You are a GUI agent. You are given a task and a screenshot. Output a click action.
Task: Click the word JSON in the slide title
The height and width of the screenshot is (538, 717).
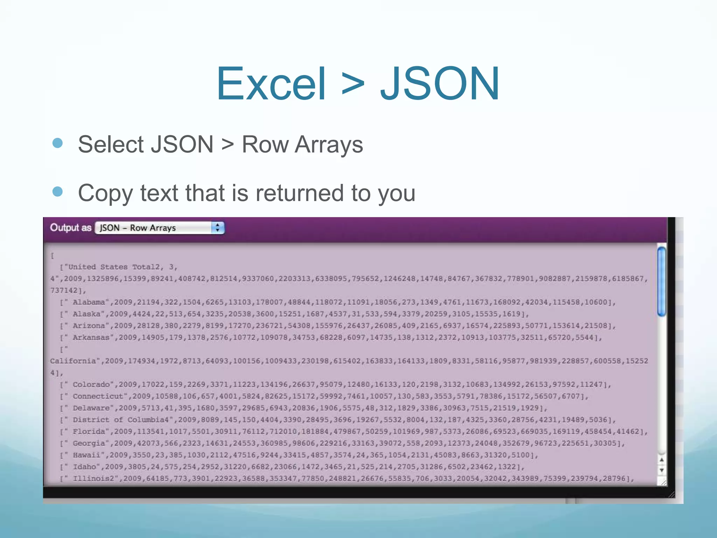440,84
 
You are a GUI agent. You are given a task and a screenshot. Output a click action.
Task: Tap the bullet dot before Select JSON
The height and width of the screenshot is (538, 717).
57,143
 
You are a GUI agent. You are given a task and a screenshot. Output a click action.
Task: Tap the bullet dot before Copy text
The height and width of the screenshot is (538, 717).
57,192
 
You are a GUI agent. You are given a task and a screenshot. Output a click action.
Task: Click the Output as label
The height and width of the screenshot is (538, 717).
70,228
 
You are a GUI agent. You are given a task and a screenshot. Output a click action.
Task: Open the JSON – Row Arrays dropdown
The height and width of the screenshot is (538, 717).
154,228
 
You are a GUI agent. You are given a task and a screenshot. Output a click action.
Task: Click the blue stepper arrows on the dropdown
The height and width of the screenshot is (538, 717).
217,228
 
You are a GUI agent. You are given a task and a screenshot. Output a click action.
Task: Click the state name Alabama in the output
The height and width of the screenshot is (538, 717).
89,302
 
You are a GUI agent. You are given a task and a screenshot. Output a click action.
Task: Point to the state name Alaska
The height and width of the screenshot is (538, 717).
86,314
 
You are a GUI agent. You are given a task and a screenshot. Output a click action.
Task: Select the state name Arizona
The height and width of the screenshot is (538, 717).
89,326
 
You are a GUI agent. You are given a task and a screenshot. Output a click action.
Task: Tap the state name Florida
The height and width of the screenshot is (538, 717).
89,432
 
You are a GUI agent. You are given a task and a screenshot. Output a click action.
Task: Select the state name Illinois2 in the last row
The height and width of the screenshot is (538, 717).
93,478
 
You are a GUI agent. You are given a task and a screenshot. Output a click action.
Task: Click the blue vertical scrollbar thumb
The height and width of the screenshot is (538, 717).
661,281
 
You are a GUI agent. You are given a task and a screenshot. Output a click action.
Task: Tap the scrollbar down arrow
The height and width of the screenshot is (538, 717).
661,470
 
